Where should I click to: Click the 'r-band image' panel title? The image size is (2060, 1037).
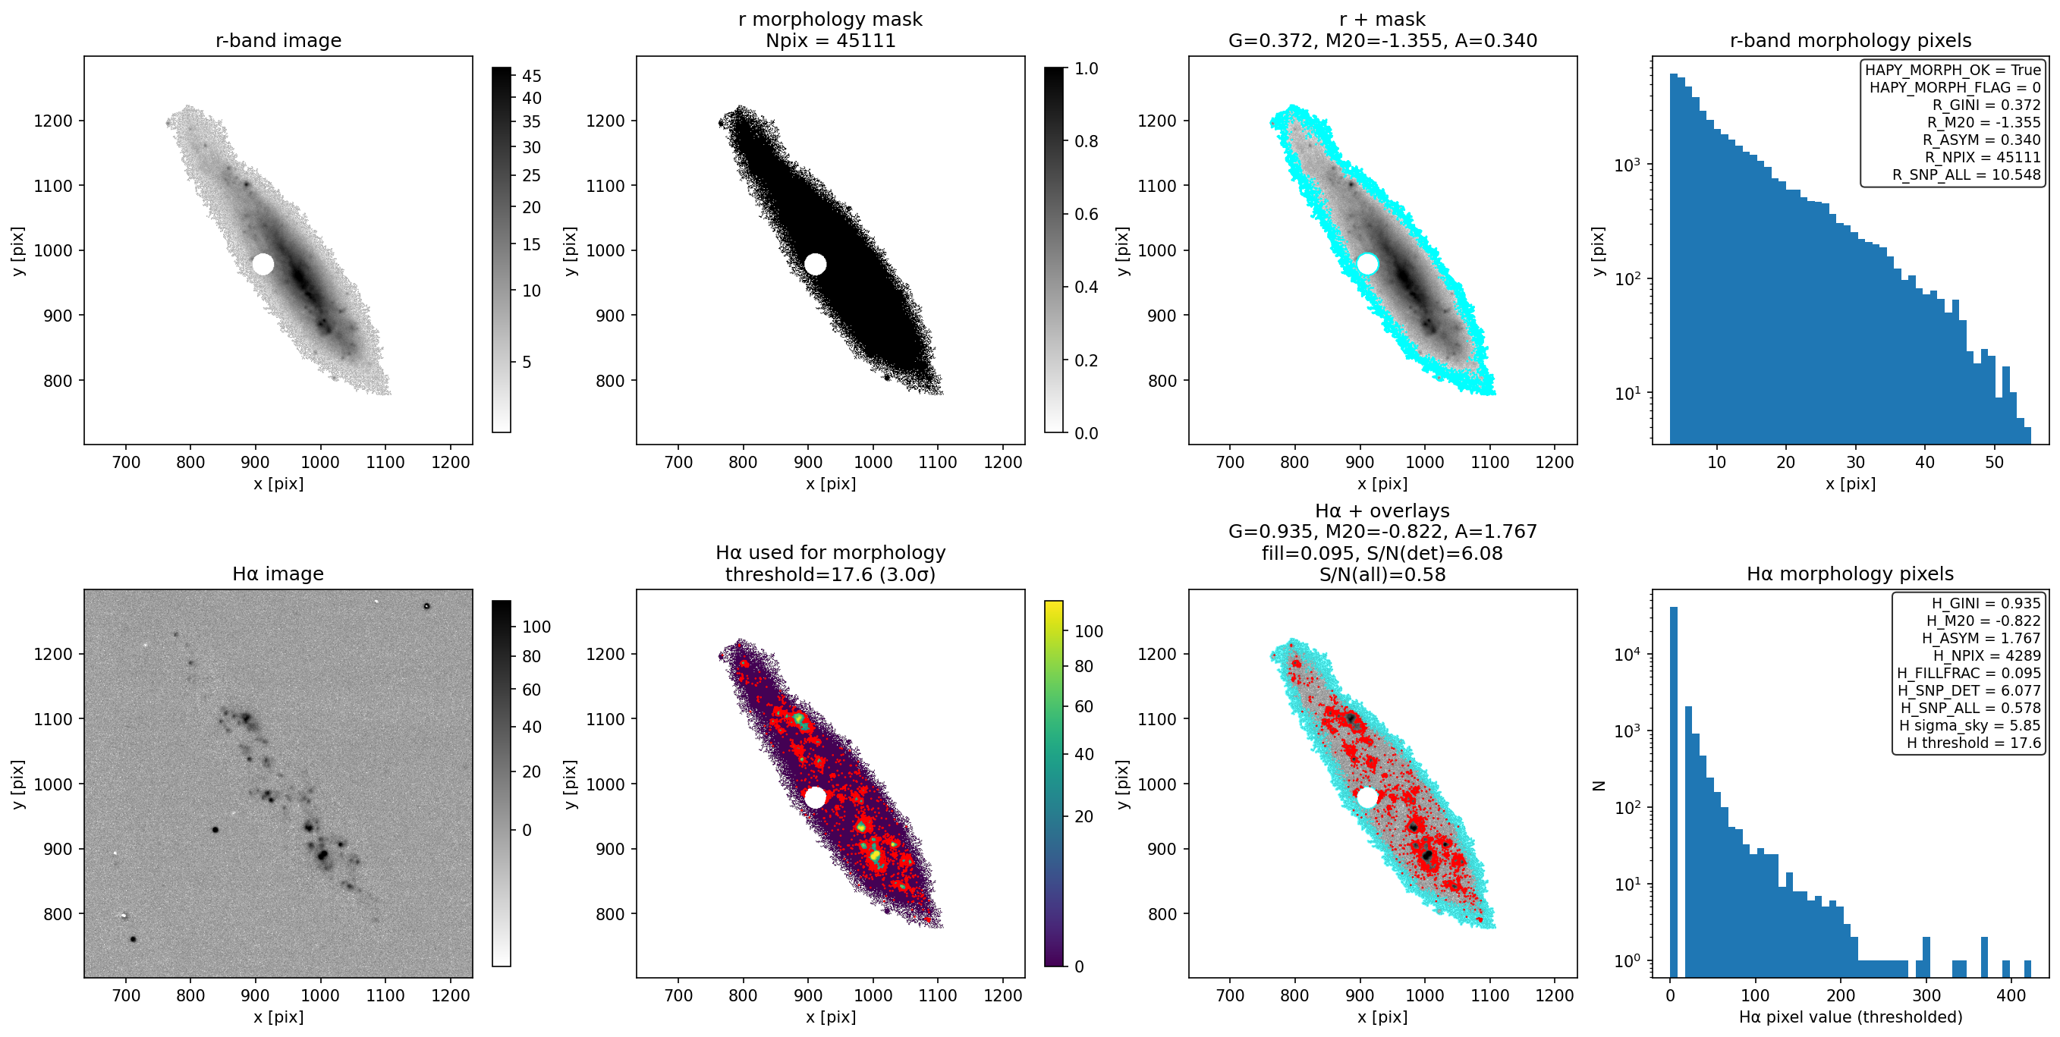278,40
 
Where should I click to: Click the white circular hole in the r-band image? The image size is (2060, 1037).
263,264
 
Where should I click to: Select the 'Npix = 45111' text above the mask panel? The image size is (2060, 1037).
830,40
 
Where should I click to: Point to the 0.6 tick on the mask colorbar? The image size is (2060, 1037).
1086,214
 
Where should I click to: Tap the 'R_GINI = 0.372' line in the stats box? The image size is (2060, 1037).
1986,105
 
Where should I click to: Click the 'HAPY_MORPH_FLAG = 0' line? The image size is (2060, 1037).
1955,87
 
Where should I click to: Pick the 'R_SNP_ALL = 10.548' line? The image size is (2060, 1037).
1967,174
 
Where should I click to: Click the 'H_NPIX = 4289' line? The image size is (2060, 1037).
1986,655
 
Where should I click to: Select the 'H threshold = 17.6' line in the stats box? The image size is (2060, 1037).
1974,743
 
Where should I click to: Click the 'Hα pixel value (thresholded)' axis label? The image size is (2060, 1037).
1851,1017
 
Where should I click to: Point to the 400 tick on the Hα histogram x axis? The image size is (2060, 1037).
2011,995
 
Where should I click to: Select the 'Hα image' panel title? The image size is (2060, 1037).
278,573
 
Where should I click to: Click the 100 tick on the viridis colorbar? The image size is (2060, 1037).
1088,631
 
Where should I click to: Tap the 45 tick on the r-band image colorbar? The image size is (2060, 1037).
532,76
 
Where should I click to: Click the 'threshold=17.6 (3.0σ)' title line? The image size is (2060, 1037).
830,574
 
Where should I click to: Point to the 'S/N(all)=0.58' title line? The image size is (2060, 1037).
1382,574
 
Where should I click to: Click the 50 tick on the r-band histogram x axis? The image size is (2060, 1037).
1995,461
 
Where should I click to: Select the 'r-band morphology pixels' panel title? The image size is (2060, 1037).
1851,40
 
